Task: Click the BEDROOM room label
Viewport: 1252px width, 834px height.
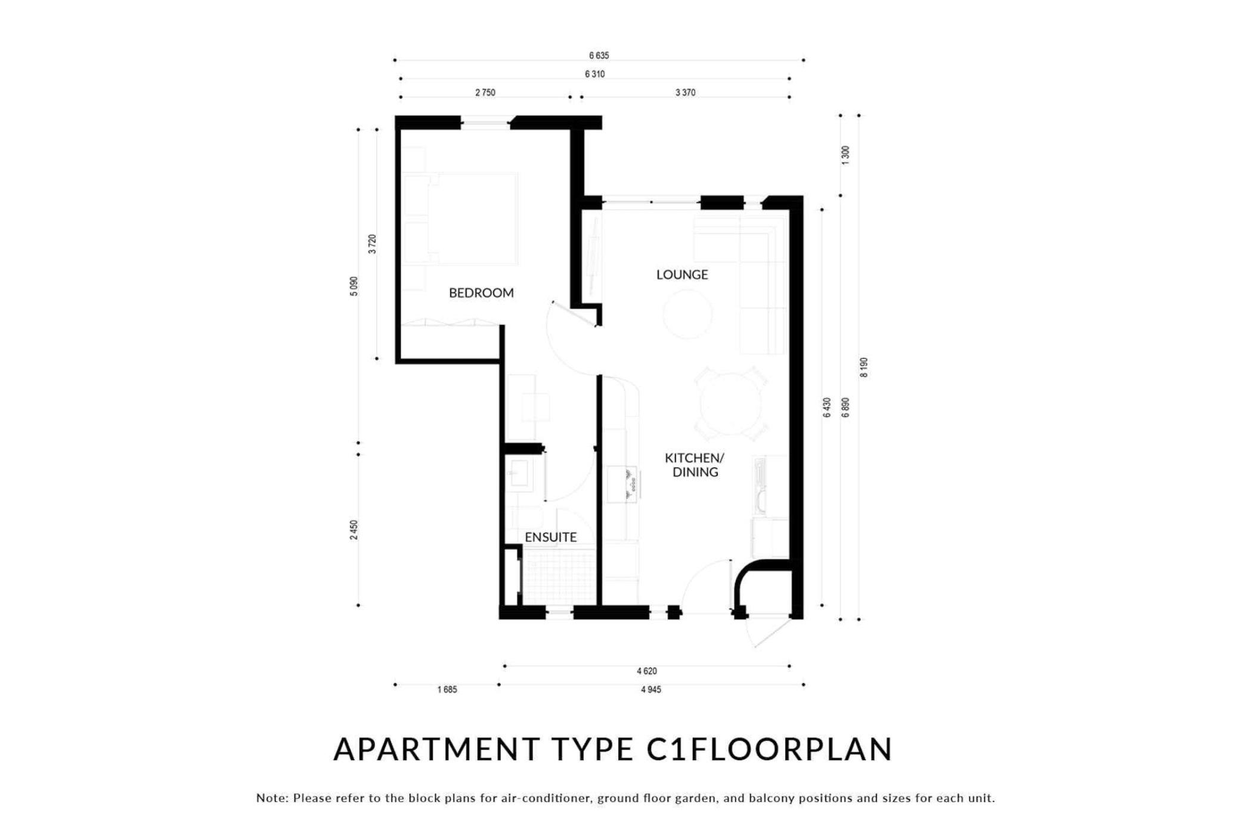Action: pos(481,292)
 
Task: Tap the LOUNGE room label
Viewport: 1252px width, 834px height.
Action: pos(682,275)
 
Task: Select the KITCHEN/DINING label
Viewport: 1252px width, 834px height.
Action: pos(695,465)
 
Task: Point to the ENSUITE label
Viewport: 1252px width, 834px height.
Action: pos(550,537)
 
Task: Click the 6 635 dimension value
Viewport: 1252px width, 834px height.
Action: pos(599,55)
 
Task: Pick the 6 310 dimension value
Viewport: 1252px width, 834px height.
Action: pos(594,74)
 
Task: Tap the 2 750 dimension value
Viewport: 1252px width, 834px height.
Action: pos(485,92)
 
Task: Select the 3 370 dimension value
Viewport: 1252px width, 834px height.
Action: pos(685,92)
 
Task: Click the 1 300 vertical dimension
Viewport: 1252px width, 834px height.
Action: pos(845,155)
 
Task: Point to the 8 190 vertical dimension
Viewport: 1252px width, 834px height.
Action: pos(864,368)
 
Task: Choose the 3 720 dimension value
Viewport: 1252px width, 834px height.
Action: pos(372,244)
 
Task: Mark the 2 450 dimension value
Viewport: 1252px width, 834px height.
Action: pos(354,530)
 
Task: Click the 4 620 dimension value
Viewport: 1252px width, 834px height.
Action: pos(646,671)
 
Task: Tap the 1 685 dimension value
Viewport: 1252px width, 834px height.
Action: pos(447,690)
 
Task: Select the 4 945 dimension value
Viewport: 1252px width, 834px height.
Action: pos(650,690)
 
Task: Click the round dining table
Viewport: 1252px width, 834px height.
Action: pos(730,404)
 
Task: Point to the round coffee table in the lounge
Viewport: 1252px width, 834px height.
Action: pos(687,314)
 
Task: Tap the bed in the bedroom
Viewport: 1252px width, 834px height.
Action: pos(460,219)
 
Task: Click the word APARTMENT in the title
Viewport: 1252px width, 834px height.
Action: pos(437,749)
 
